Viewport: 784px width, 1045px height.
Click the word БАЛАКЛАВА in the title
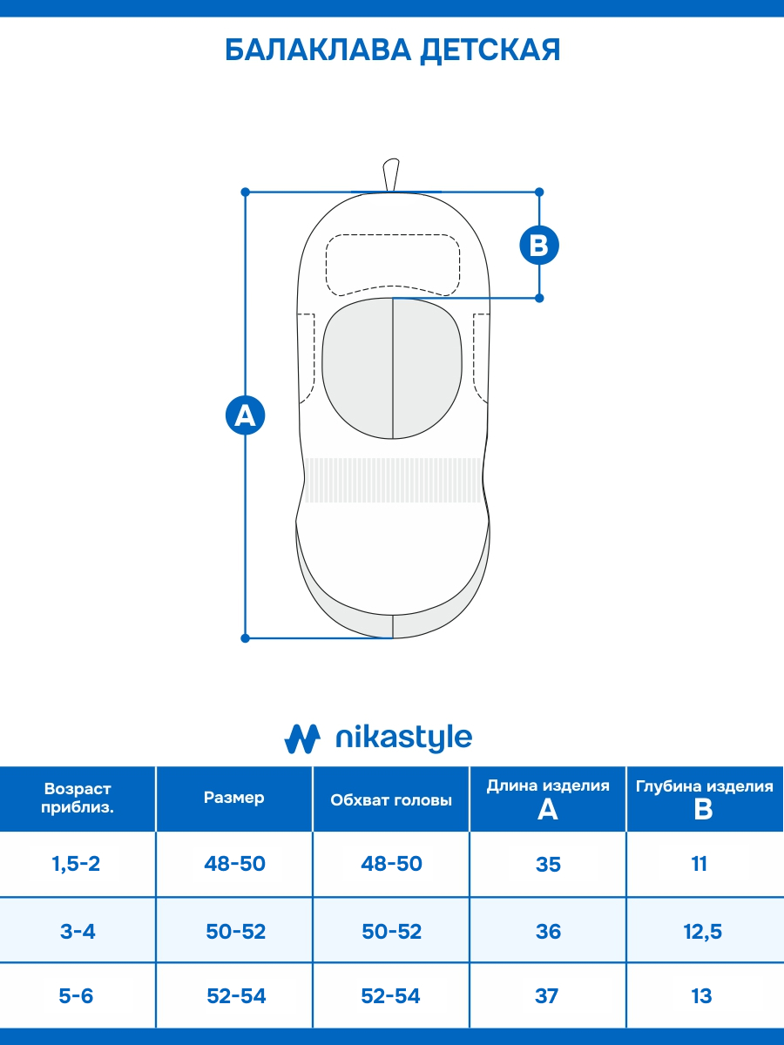tap(317, 50)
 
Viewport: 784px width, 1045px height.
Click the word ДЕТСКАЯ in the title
tap(490, 51)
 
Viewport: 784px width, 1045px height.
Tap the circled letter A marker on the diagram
tap(245, 415)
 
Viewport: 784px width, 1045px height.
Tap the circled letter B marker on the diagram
tap(539, 246)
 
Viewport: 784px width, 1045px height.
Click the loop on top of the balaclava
tap(391, 175)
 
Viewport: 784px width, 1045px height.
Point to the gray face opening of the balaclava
tap(392, 368)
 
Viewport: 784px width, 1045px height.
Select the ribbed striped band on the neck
tap(393, 480)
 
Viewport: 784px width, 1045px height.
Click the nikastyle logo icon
tap(302, 738)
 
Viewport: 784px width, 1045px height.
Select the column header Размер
tap(233, 798)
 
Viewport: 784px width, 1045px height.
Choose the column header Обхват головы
tap(391, 800)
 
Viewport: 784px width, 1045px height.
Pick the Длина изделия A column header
tap(548, 799)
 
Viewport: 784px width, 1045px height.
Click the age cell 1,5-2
tap(76, 863)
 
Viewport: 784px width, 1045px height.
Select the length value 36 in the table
tap(548, 931)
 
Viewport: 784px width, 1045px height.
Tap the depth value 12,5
tap(703, 932)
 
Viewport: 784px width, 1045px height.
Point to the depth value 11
tap(699, 864)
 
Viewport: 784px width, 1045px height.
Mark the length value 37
tap(546, 995)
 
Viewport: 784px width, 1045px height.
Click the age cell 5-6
tap(76, 995)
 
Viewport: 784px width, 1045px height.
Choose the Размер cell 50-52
tap(235, 931)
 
